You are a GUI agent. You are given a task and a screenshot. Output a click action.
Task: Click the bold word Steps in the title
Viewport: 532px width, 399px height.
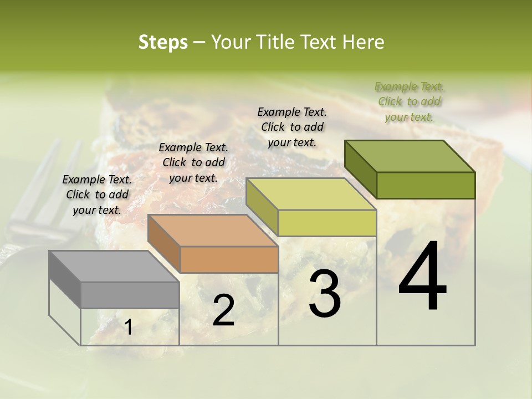coord(163,42)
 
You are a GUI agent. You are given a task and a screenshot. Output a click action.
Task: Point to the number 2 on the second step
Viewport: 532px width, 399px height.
coord(223,310)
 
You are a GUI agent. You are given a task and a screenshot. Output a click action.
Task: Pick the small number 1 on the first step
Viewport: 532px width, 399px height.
coord(129,328)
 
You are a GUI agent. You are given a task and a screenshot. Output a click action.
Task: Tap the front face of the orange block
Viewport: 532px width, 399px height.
coord(229,259)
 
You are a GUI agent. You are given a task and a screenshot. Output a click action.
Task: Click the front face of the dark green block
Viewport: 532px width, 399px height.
coord(426,185)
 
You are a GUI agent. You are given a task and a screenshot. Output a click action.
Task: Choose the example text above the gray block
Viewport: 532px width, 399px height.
coord(97,195)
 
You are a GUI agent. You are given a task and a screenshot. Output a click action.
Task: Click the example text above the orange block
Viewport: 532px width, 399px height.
coord(193,162)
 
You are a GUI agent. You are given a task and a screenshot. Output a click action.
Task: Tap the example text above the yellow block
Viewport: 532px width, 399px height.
coord(292,127)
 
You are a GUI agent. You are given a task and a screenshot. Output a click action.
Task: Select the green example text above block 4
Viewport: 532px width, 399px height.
coord(409,101)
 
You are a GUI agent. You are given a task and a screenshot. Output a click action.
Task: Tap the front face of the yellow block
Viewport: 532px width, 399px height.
coord(327,223)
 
